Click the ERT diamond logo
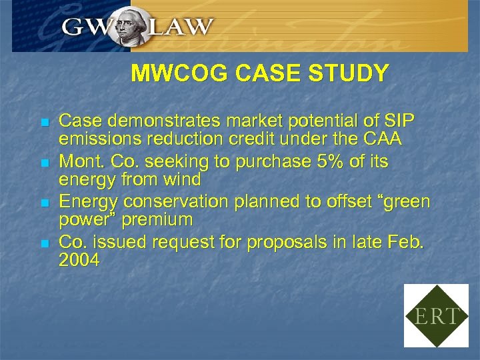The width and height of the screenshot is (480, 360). click(437, 315)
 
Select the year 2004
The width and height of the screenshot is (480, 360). click(79, 261)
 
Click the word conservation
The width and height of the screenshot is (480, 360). click(169, 202)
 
